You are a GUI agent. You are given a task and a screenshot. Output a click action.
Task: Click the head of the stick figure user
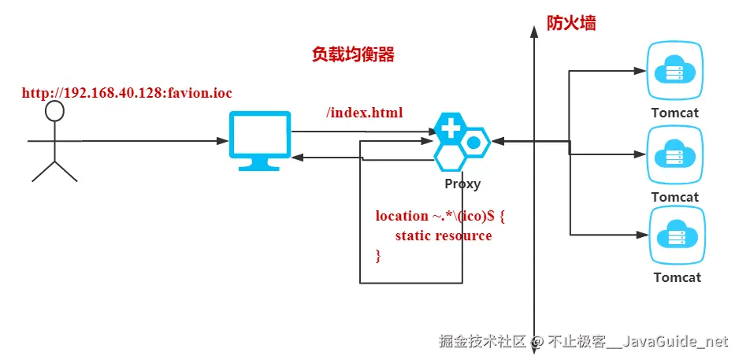pyautogui.click(x=54, y=111)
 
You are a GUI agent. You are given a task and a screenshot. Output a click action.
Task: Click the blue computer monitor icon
pyautogui.click(x=259, y=139)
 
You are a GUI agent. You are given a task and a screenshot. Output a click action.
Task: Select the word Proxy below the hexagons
pyautogui.click(x=462, y=184)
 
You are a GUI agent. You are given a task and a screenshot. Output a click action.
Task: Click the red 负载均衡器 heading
pyautogui.click(x=353, y=54)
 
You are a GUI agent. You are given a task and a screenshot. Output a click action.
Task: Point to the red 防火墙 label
pyautogui.click(x=571, y=23)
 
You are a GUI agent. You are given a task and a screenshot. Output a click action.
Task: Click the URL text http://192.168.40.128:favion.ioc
pyautogui.click(x=127, y=93)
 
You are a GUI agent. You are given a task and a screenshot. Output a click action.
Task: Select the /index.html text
pyautogui.click(x=364, y=113)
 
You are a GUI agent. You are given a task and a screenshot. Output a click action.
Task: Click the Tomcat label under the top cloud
pyautogui.click(x=674, y=113)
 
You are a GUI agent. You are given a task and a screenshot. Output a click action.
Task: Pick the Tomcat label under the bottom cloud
pyautogui.click(x=677, y=277)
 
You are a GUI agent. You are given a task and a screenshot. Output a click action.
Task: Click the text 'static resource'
pyautogui.click(x=444, y=236)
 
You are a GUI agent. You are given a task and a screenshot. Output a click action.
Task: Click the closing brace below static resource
pyautogui.click(x=378, y=255)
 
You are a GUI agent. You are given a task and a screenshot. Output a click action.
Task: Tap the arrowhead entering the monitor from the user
pyautogui.click(x=224, y=141)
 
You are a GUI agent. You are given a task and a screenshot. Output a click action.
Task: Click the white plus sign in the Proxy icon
pyautogui.click(x=450, y=129)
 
